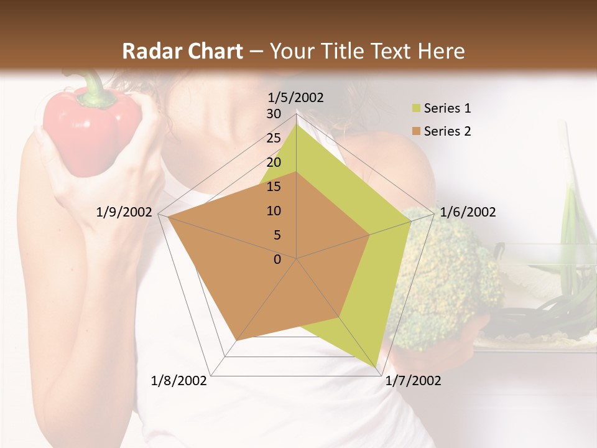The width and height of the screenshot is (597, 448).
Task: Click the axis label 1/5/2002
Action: click(x=296, y=98)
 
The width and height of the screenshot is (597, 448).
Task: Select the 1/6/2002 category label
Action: click(x=468, y=212)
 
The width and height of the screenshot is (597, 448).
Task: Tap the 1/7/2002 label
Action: click(x=413, y=381)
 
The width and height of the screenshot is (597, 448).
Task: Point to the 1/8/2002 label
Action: click(x=179, y=381)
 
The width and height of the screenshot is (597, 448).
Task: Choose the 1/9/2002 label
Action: click(x=124, y=212)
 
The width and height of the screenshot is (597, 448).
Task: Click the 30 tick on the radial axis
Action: click(x=274, y=114)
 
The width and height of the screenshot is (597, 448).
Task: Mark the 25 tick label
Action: click(x=274, y=138)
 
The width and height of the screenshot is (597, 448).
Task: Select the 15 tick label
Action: click(x=274, y=187)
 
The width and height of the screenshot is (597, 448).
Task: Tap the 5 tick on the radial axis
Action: click(x=277, y=235)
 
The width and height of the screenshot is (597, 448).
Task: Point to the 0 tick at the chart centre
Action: click(x=277, y=259)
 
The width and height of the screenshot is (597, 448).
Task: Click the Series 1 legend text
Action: click(x=447, y=108)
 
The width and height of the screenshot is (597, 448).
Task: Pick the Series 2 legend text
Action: click(x=447, y=131)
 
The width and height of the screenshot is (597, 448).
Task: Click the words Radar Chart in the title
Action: click(x=182, y=51)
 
